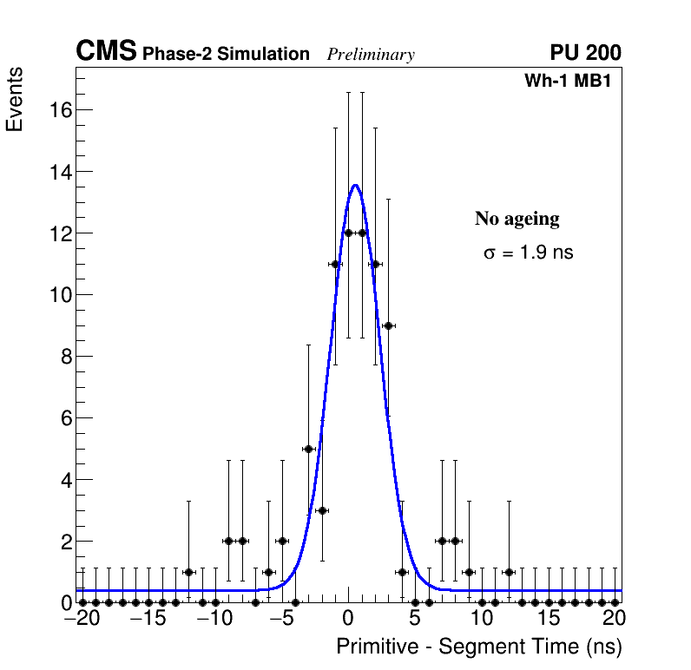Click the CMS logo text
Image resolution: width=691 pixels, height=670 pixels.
(x=106, y=52)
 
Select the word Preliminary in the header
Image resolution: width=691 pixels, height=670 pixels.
(x=371, y=55)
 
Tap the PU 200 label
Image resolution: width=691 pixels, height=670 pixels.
(x=585, y=53)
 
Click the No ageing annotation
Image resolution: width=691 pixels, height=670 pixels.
(x=517, y=219)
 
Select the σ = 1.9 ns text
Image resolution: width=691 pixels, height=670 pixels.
(x=528, y=253)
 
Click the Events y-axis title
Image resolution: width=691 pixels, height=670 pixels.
(x=15, y=101)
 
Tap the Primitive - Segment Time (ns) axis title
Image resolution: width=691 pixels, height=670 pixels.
(x=478, y=647)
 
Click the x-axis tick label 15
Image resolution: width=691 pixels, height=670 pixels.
(x=548, y=620)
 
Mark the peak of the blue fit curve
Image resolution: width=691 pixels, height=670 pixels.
(x=355, y=185)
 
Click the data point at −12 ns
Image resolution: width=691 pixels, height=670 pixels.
(x=188, y=572)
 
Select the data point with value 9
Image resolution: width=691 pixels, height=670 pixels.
(x=388, y=325)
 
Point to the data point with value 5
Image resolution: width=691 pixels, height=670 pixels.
(x=308, y=449)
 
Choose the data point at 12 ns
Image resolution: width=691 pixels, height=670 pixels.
(x=508, y=572)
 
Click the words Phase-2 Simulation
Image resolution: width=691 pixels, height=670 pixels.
(x=226, y=55)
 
